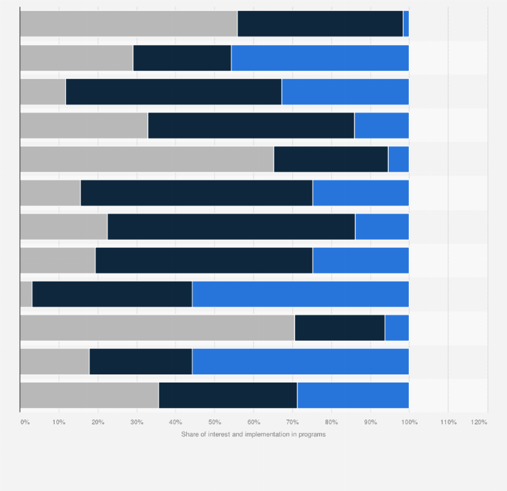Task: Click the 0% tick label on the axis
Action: click(x=25, y=422)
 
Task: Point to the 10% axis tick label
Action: click(x=59, y=422)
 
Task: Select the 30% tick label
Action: click(x=136, y=422)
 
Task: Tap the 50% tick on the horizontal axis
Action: click(x=214, y=422)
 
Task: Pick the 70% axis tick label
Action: click(x=292, y=422)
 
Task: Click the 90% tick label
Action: click(x=370, y=422)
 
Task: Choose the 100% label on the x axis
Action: click(x=409, y=422)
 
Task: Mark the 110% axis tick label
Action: click(x=448, y=422)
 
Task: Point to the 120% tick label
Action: click(x=479, y=422)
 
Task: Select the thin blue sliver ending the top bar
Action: click(x=406, y=24)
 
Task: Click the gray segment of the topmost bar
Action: click(x=128, y=24)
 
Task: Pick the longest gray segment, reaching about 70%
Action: click(x=157, y=328)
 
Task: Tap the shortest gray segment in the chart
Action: click(x=26, y=294)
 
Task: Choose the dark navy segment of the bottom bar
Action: click(x=228, y=395)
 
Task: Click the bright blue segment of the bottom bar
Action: click(x=353, y=395)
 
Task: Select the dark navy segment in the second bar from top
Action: click(x=182, y=58)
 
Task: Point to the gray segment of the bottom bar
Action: click(x=89, y=395)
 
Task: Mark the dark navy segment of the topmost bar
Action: click(x=320, y=24)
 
